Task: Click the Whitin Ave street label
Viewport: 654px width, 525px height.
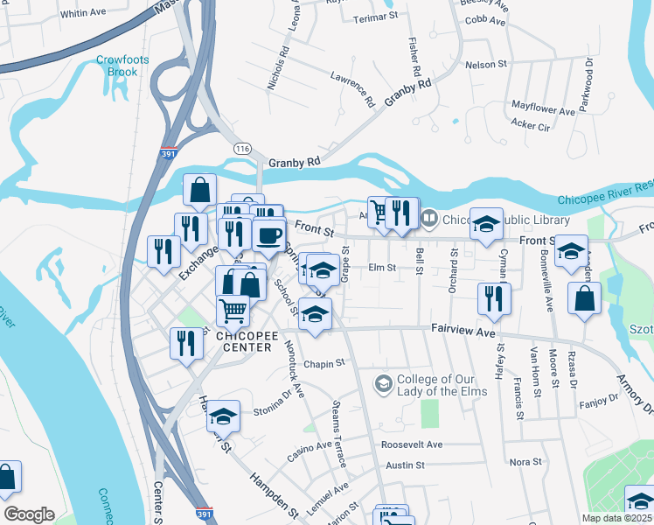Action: [x=83, y=13]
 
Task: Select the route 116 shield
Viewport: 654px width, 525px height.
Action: [x=242, y=150]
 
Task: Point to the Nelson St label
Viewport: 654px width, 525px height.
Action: [x=486, y=65]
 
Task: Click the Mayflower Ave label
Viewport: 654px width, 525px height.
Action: [x=543, y=111]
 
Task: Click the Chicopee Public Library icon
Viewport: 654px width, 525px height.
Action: [x=428, y=218]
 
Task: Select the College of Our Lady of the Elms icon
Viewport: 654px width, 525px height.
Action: [x=383, y=383]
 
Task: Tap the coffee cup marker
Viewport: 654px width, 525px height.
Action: [x=268, y=234]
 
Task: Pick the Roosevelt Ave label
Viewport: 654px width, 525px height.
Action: [x=412, y=444]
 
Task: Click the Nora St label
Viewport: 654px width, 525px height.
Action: [x=525, y=461]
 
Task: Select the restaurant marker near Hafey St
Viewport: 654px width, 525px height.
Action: [x=494, y=297]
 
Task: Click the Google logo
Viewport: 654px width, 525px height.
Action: [x=29, y=514]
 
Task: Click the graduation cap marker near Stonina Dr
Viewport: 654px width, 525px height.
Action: [x=223, y=416]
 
